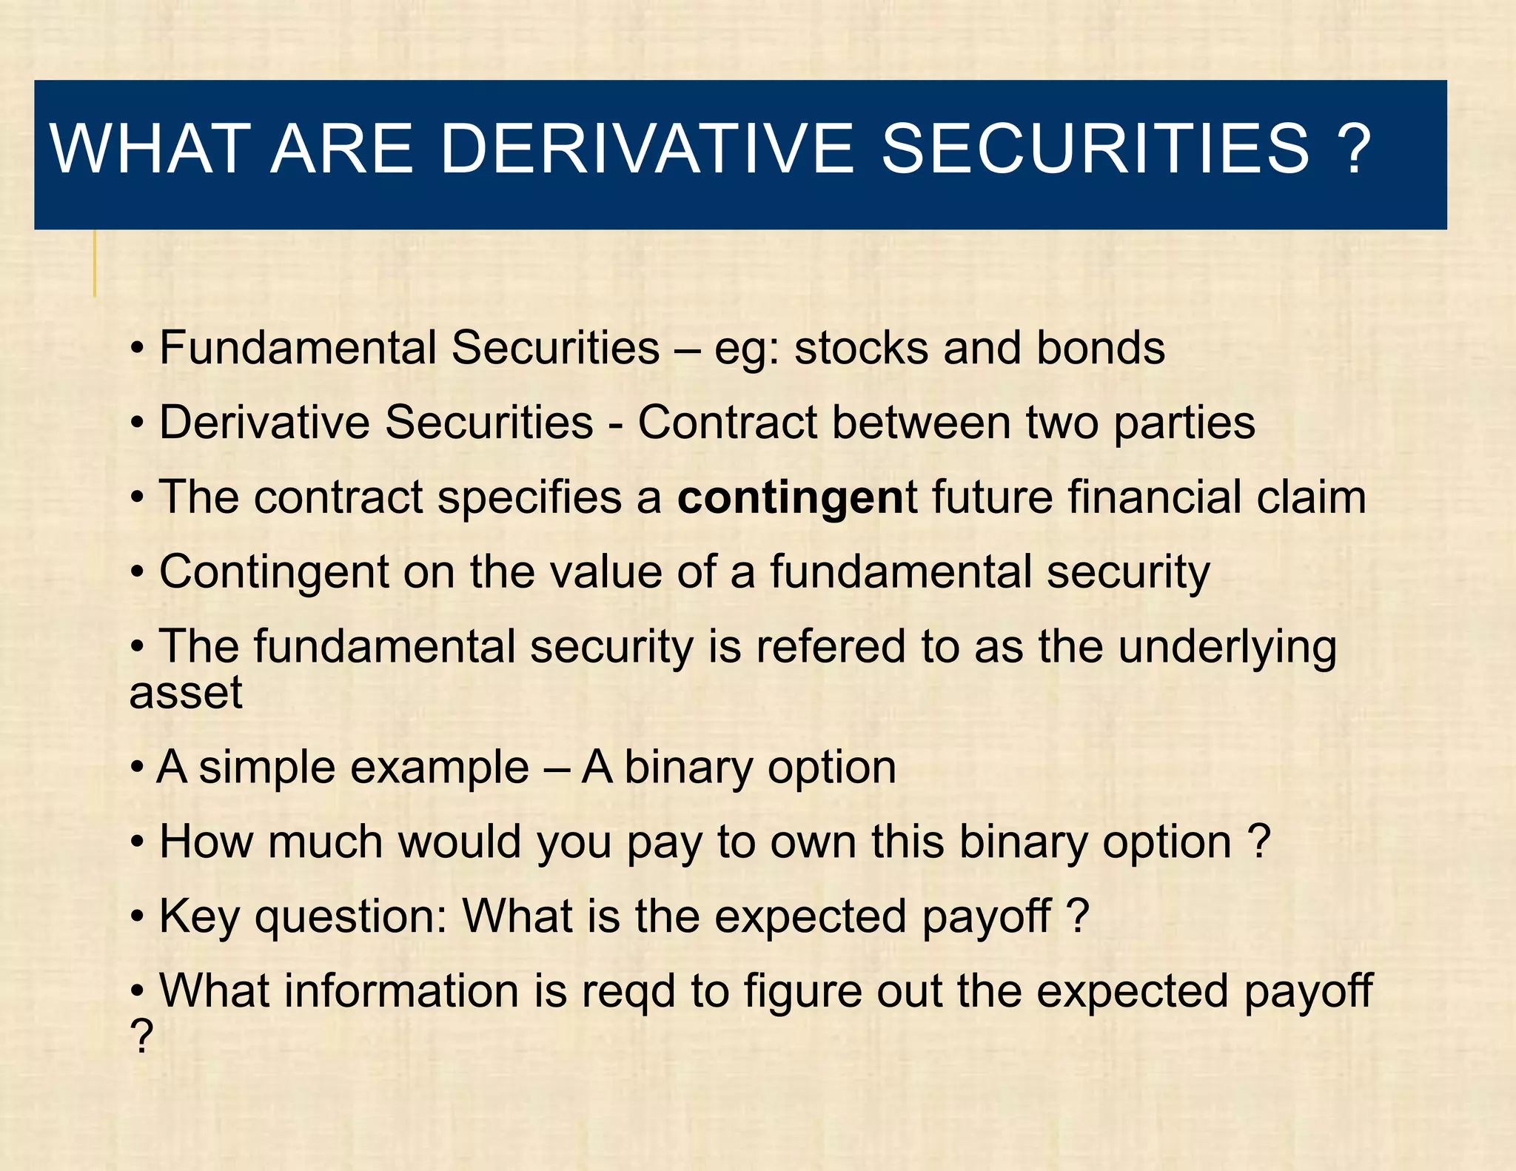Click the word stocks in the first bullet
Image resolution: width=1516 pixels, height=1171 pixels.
pyautogui.click(x=861, y=348)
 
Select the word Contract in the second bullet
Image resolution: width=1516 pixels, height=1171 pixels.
pyautogui.click(x=727, y=423)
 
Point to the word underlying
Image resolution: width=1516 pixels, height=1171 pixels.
pyautogui.click(x=1227, y=648)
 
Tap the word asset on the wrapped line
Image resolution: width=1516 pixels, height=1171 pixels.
pyautogui.click(x=186, y=694)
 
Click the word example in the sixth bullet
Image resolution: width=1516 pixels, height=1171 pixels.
pyautogui.click(x=439, y=768)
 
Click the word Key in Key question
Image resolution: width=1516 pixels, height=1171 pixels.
pyautogui.click(x=200, y=918)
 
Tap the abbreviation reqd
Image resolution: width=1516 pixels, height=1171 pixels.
pyautogui.click(x=628, y=993)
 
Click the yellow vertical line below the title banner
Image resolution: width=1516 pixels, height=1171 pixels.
pyautogui.click(x=95, y=264)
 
